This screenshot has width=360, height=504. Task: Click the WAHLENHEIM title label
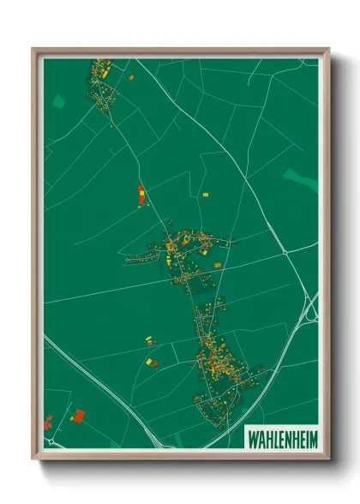click(x=281, y=437)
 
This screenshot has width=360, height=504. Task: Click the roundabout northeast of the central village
click(x=285, y=253)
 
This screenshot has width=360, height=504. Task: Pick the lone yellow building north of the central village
click(x=205, y=195)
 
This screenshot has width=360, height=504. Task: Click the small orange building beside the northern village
click(x=132, y=77)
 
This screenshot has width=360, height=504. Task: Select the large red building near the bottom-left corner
click(x=79, y=416)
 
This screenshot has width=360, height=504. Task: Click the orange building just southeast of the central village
click(x=218, y=266)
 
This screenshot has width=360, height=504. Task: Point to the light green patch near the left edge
click(x=58, y=101)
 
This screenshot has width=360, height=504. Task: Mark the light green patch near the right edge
click(x=300, y=178)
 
